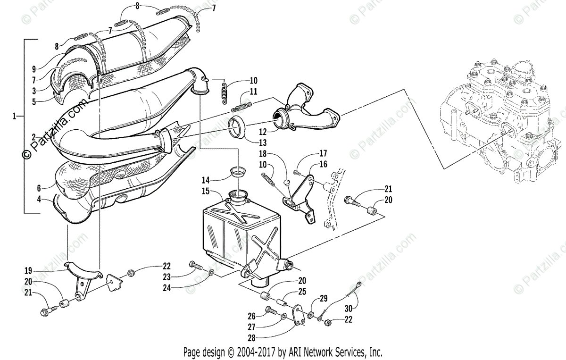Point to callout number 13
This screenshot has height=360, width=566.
(x=263, y=142)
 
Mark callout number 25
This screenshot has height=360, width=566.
(x=302, y=291)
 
